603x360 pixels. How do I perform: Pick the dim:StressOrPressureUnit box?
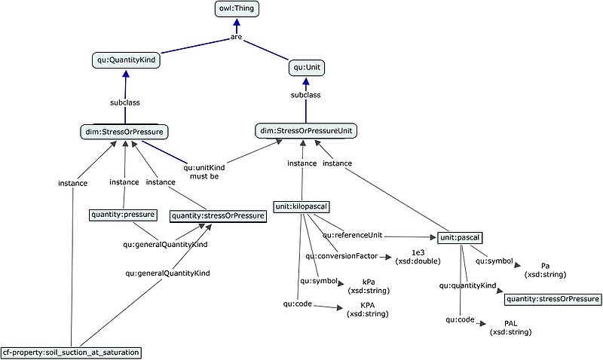306,131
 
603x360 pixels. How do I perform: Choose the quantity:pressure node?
123,215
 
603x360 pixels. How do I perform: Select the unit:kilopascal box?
301,206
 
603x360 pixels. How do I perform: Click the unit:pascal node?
460,238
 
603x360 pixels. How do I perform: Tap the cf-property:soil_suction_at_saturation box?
71,352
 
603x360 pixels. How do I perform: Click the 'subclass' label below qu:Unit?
305,96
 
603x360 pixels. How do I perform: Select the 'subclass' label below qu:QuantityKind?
124,102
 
